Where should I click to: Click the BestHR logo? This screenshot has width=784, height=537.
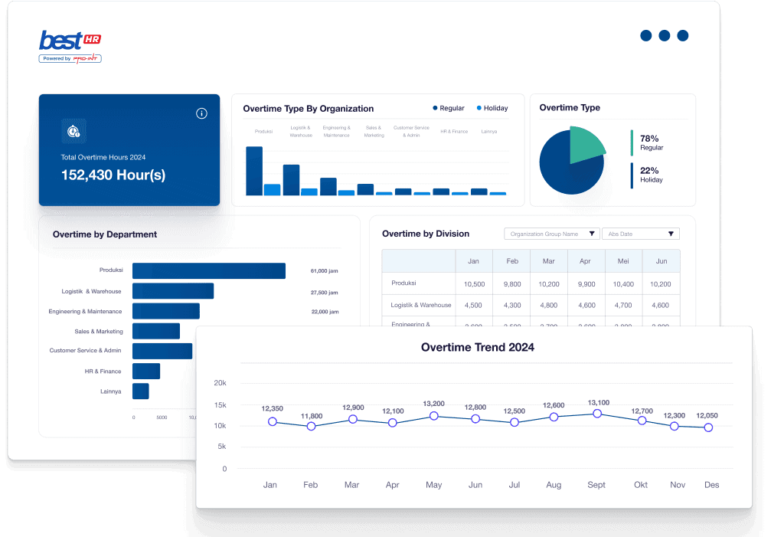70,44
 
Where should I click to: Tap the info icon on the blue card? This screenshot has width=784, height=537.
201,113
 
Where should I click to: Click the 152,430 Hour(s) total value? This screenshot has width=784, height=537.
113,175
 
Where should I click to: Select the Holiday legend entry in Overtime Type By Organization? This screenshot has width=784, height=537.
492,108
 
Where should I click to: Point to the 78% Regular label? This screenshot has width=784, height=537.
651,142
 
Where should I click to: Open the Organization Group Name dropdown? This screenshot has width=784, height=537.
552,234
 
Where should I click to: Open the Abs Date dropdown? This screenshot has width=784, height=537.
641,234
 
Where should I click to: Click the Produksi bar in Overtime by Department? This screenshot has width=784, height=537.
208,270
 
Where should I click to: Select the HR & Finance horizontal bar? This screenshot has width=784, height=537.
146,371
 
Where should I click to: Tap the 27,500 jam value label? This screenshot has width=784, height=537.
325,292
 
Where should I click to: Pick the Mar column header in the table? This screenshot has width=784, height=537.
548,261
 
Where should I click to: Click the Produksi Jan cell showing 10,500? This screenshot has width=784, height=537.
474,284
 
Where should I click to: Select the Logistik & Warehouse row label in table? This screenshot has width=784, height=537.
420,305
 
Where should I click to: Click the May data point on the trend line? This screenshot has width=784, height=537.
433,416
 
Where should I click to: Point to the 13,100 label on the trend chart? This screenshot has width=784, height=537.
598,403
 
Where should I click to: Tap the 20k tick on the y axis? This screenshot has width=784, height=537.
220,383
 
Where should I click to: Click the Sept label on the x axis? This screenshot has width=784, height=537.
596,485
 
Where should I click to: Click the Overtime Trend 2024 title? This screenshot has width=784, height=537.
478,347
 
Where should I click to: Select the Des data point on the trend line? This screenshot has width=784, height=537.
708,427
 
